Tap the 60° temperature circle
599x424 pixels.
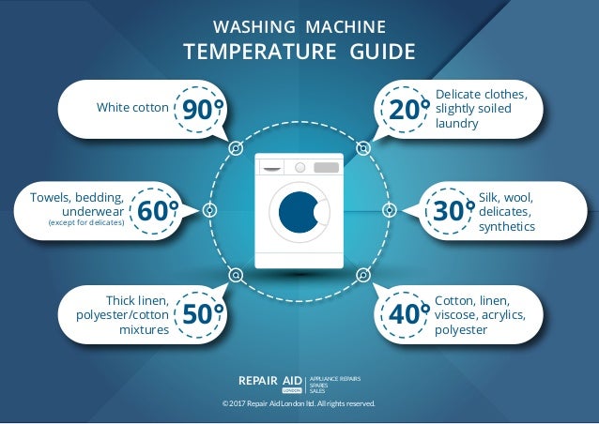point(156,211)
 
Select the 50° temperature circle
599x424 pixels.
point(201,313)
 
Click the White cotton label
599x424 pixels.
point(132,108)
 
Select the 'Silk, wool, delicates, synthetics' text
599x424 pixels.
point(507,211)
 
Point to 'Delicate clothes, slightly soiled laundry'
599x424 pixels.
point(482,109)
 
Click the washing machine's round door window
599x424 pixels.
point(299,212)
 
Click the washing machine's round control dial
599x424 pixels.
point(300,167)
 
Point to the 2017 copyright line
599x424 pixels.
point(299,403)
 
